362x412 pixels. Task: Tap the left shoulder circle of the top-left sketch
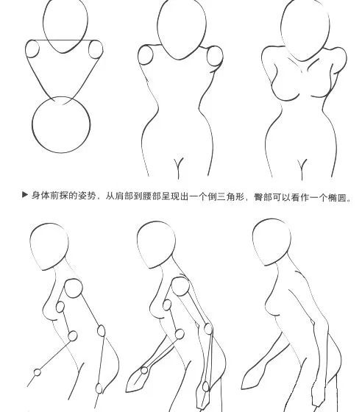33,49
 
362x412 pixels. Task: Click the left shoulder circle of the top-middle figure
146,57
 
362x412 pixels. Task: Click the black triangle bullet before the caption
26,196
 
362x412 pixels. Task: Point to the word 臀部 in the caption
272,196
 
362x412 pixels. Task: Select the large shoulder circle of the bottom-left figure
74,289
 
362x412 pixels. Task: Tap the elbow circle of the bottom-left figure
72,336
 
